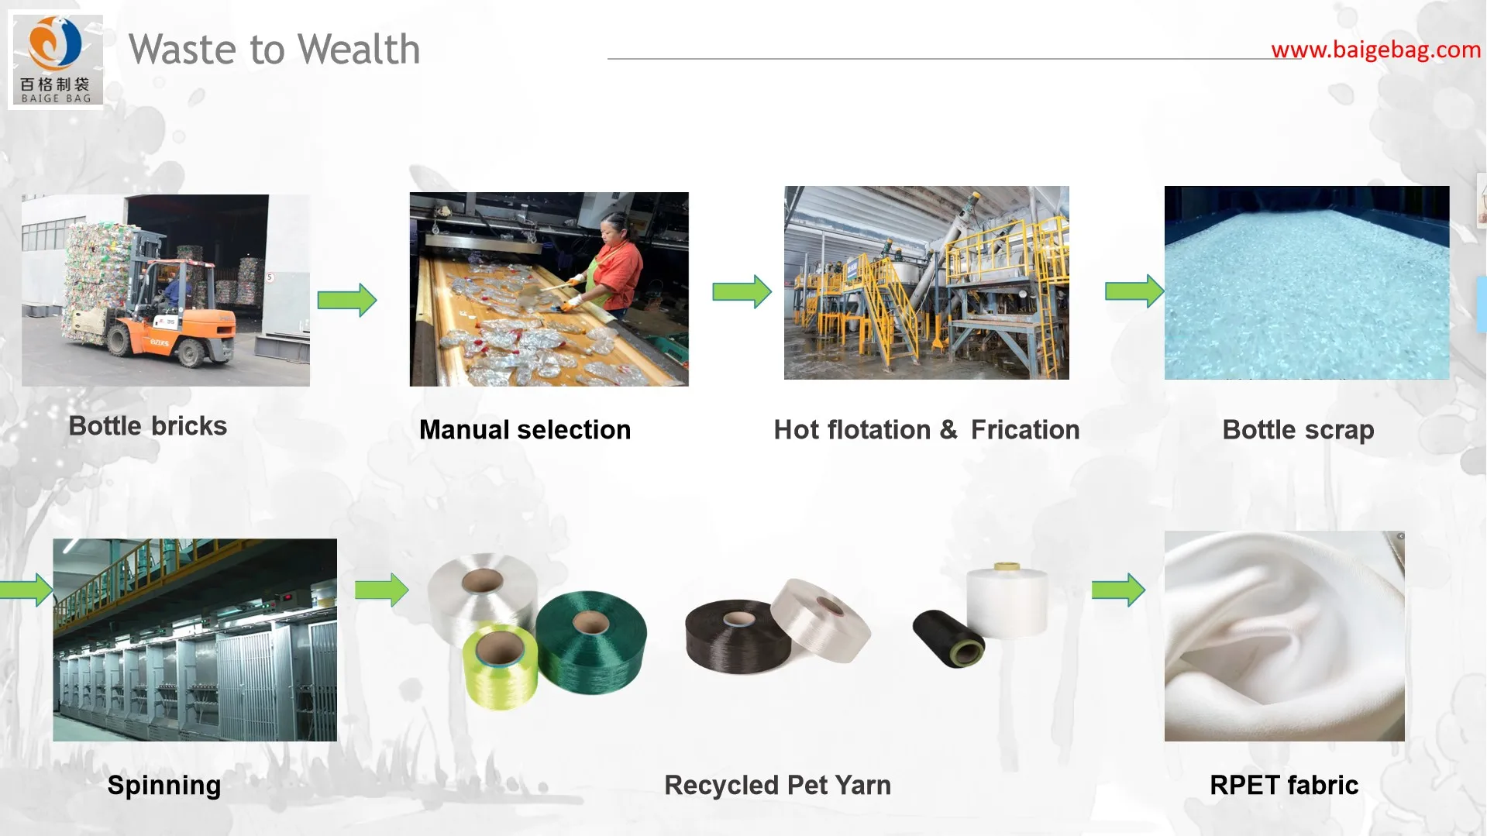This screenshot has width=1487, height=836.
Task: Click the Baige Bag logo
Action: click(56, 60)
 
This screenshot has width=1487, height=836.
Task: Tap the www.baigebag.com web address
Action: click(1375, 50)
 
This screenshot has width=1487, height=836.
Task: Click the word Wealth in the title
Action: click(359, 50)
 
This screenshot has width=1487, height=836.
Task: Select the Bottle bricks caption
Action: click(147, 426)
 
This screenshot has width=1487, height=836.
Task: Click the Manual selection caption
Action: click(525, 430)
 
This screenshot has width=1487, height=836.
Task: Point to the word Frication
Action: click(1024, 430)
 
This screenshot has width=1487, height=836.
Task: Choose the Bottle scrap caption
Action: click(1298, 430)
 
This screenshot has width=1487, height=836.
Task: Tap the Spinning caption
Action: click(164, 786)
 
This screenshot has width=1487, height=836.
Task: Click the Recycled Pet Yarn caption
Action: click(777, 786)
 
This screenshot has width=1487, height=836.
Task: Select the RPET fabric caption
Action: click(1284, 786)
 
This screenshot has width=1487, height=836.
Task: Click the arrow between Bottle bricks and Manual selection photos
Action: click(347, 300)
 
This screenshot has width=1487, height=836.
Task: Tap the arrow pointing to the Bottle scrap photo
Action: click(1134, 291)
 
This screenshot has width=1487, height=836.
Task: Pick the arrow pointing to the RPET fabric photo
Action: click(1118, 590)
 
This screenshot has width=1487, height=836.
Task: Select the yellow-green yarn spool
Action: click(500, 666)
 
